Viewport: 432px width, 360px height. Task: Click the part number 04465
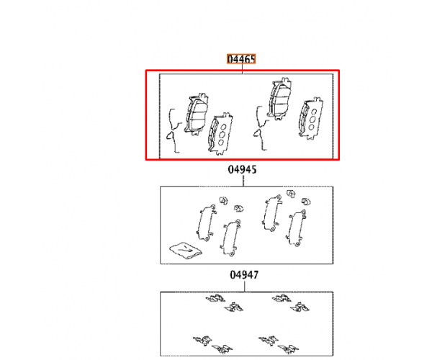pyautogui.click(x=241, y=59)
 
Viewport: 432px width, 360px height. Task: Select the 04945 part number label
pyautogui.click(x=242, y=169)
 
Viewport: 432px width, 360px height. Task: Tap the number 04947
pyautogui.click(x=244, y=274)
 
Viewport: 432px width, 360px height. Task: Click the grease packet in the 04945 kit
pyautogui.click(x=186, y=250)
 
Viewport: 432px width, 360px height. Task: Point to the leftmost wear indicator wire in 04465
pyautogui.click(x=174, y=130)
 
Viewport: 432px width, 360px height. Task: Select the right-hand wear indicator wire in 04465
pyautogui.click(x=261, y=128)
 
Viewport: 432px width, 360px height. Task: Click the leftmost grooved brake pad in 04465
pyautogui.click(x=196, y=114)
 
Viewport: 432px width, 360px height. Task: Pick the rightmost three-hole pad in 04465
pyautogui.click(x=310, y=118)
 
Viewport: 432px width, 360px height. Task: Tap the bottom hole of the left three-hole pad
pyautogui.click(x=221, y=143)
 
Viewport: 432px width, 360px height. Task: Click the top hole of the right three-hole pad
pyautogui.click(x=314, y=112)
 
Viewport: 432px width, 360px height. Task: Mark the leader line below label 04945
pyautogui.click(x=243, y=181)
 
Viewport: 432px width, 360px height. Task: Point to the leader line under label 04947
pyautogui.click(x=244, y=286)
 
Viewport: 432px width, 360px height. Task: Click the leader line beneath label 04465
pyautogui.click(x=242, y=68)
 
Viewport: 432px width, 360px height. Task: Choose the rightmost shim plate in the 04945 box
pyautogui.click(x=296, y=228)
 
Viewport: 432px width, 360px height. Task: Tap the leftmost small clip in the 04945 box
pyautogui.click(x=223, y=200)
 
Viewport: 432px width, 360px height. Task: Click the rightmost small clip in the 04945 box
pyautogui.click(x=306, y=202)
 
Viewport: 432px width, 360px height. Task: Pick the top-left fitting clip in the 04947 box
pyautogui.click(x=215, y=298)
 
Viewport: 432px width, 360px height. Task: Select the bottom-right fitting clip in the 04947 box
pyautogui.click(x=288, y=348)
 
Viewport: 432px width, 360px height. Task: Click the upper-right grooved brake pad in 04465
pyautogui.click(x=279, y=99)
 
